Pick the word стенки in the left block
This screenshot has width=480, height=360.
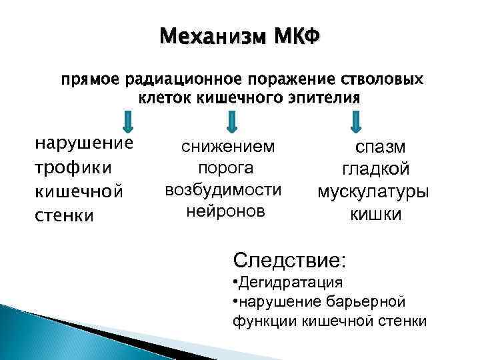pos(64,215)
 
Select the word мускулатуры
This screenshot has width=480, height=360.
pos(373,192)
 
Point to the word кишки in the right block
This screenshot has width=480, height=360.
pos(376,215)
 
